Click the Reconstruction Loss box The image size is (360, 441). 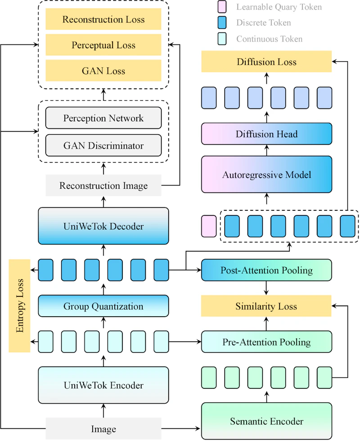coord(103,19)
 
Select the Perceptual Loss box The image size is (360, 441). coord(103,45)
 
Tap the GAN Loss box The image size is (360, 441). coord(103,71)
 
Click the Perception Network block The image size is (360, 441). coord(103,118)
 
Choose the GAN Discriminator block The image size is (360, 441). coord(103,145)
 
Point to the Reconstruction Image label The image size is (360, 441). coord(103,186)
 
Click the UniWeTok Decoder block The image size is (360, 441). coord(103,226)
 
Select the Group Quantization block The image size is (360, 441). coord(103,306)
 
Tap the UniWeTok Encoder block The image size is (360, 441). coord(103,385)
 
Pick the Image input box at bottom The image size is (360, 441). coord(103,429)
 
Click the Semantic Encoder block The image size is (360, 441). coord(266,422)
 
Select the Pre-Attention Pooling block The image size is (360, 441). coord(266,342)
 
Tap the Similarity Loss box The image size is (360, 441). coord(266,306)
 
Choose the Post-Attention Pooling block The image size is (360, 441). coord(266,270)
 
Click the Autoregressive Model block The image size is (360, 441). coord(266,174)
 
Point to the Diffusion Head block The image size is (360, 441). coord(266,134)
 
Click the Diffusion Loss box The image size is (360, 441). coord(266,62)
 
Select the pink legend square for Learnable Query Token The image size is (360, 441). coord(224,7)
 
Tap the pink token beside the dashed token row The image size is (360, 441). coord(209,226)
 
